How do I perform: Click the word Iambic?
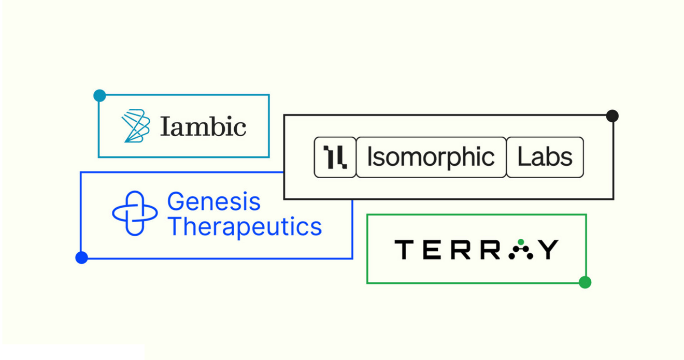(x=203, y=126)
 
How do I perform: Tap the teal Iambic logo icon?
(x=136, y=126)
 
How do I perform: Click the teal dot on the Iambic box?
(x=99, y=96)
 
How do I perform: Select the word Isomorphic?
(x=431, y=157)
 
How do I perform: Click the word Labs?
(x=545, y=157)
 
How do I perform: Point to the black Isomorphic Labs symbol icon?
(x=335, y=157)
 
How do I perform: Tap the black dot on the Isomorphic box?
(x=612, y=116)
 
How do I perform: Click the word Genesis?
(x=213, y=201)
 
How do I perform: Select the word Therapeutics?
(x=245, y=226)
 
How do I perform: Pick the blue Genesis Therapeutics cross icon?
(x=135, y=213)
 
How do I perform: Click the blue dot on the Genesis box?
(x=81, y=257)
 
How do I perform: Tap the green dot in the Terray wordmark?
(x=521, y=242)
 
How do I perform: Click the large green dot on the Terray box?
(x=585, y=282)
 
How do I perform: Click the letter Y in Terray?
(x=548, y=250)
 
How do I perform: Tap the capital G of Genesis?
(x=176, y=201)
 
